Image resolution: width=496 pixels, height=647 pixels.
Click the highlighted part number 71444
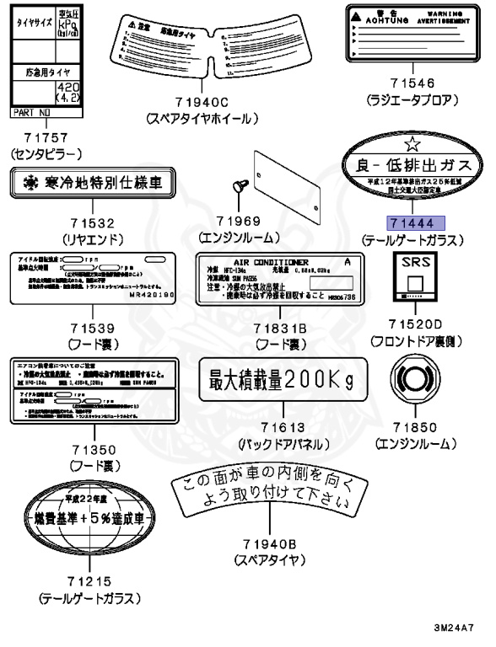pos(410,222)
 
